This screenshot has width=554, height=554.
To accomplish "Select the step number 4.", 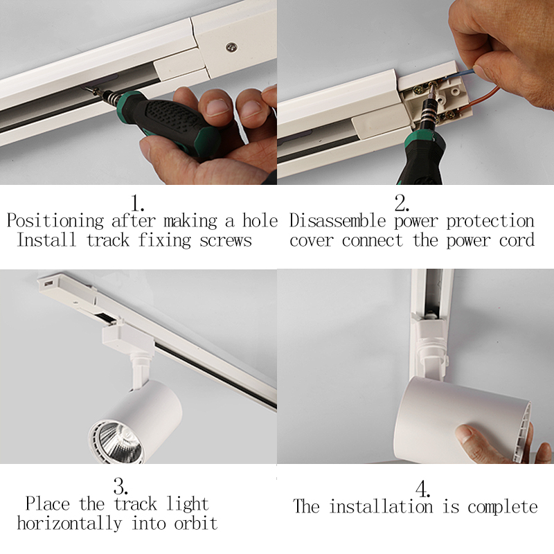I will point(422,487).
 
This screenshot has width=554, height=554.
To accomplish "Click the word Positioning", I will point(55,222).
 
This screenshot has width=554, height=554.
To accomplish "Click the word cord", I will point(516,241).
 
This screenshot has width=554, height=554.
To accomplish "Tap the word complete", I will point(502,507).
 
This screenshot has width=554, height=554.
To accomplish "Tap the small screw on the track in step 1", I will point(230,47).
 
